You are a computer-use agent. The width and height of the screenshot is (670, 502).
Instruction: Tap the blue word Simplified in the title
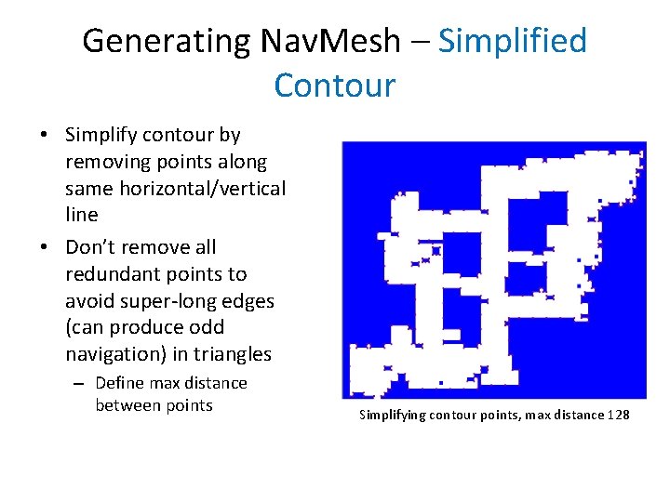coord(513,42)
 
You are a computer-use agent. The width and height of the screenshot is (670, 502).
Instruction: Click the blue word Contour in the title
coord(335,86)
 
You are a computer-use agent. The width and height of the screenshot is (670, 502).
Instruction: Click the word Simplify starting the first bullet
coord(101,136)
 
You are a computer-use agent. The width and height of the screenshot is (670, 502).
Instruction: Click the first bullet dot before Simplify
coord(45,136)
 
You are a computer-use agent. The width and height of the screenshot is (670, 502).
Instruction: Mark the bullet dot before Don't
coord(45,248)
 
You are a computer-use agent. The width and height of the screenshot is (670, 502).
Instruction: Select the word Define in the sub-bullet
coord(122,383)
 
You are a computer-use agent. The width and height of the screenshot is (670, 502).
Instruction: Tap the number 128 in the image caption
coord(618,415)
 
